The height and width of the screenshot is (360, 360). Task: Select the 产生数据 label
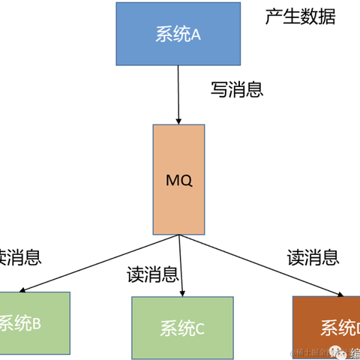[x=300, y=16]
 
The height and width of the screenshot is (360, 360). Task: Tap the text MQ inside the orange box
[x=178, y=181]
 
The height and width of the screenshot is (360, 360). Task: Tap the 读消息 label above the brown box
[x=313, y=256]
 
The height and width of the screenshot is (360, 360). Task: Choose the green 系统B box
[x=34, y=324]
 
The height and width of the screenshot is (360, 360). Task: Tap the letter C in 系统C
[x=199, y=328]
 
